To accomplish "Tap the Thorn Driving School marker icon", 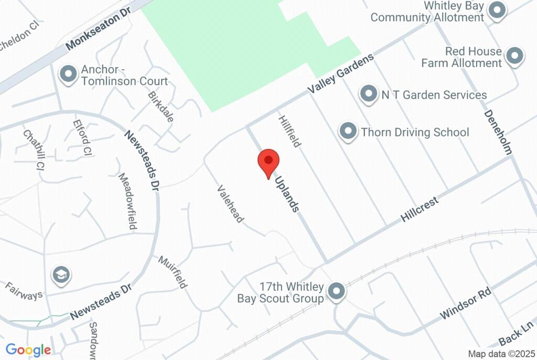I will click(x=348, y=132).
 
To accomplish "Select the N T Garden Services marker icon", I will click(x=368, y=94).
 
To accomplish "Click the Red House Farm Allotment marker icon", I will click(x=514, y=56).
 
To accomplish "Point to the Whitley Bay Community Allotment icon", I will click(x=496, y=10).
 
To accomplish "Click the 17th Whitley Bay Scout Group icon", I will click(x=336, y=291).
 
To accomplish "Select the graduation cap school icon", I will click(x=61, y=274).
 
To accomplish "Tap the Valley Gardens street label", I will click(x=341, y=73).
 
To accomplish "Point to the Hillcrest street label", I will click(x=419, y=208).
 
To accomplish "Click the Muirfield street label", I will click(x=173, y=272).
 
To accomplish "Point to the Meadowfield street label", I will click(x=127, y=201).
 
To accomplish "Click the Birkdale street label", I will click(x=160, y=107).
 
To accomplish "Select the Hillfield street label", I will click(x=290, y=132).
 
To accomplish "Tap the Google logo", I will click(x=28, y=350).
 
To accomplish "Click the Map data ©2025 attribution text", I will click(x=500, y=354).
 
